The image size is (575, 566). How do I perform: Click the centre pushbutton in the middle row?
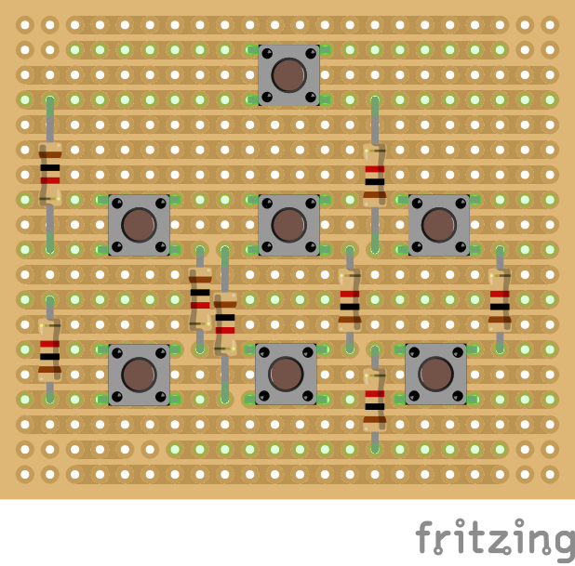pos(289,225)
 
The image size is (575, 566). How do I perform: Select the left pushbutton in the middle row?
pos(139,225)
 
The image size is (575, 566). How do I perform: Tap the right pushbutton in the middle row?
pos(439,225)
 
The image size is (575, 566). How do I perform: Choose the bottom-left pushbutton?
pos(139,375)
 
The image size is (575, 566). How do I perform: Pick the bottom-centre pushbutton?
pos(286,374)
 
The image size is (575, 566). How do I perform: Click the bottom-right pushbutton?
pos(435,374)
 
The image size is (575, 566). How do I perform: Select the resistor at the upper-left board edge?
pos(50,175)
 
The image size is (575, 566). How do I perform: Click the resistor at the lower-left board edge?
pos(50,349)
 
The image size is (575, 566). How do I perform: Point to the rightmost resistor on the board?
pos(500,299)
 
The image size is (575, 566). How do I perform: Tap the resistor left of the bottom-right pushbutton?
pos(375,400)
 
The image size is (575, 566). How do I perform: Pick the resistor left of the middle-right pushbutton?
pos(375,175)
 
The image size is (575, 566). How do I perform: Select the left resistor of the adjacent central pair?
pos(200,299)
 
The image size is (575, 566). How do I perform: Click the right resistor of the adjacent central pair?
pos(225,324)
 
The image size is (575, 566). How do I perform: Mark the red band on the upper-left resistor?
pos(50,180)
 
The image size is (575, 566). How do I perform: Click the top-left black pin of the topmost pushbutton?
pos(267,54)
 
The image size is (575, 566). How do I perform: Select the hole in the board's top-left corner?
pos(25,25)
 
